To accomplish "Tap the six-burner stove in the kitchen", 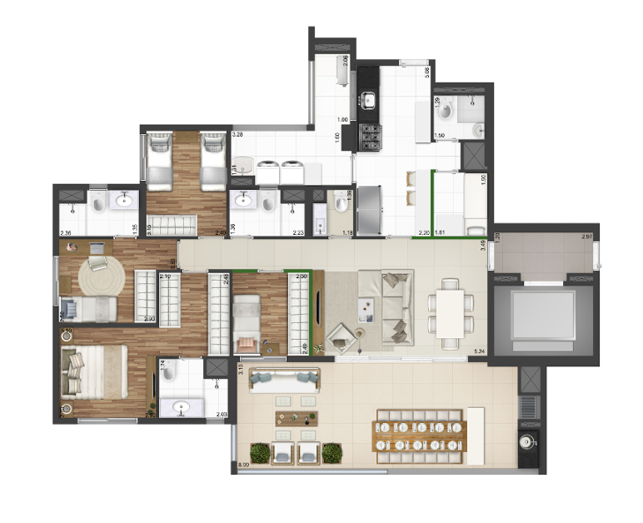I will point(369,136).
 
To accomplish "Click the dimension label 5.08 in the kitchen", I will point(427,72).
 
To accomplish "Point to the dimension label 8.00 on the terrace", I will point(244,465).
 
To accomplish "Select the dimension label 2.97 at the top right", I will point(587,238).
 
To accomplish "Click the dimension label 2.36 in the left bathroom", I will point(66,233).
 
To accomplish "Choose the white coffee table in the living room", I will point(364,309).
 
